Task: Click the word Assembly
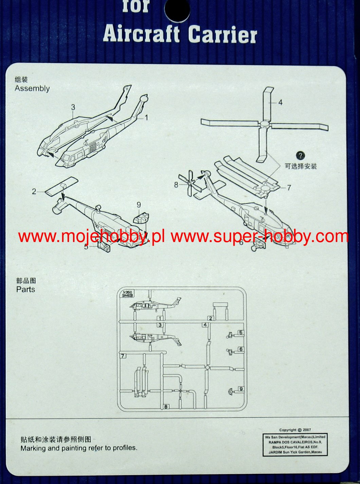click(x=32, y=89)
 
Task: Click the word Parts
click(x=26, y=290)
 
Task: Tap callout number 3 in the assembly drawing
click(x=73, y=107)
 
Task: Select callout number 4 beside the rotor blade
click(x=280, y=102)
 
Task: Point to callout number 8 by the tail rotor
click(x=176, y=185)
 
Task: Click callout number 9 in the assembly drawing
click(x=139, y=205)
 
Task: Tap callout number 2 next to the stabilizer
click(x=34, y=191)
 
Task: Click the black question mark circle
click(x=300, y=156)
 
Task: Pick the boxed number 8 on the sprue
click(x=166, y=407)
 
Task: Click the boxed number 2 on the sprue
click(x=211, y=318)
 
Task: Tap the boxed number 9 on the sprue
click(x=241, y=389)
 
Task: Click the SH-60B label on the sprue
click(x=128, y=296)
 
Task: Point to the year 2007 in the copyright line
click(x=306, y=430)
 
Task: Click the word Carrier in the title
click(x=222, y=35)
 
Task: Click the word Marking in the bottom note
click(x=33, y=448)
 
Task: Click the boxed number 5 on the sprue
click(x=241, y=333)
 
